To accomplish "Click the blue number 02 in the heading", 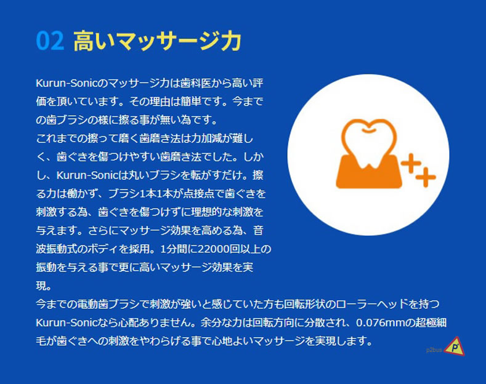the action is pos(51,41).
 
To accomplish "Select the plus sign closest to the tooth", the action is pos(411,163).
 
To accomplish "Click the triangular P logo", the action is pos(455,346).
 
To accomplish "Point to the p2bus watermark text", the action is pos(434,350).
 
